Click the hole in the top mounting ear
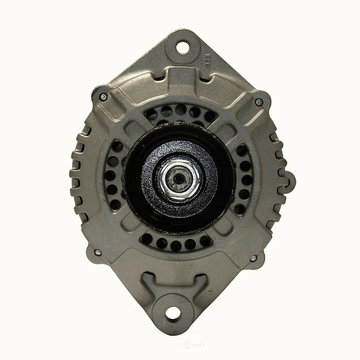182,47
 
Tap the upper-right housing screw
259,101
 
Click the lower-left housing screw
98,252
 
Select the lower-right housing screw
253,258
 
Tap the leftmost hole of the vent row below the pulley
147,238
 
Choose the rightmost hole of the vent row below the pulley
205,240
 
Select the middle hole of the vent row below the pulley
176,245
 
